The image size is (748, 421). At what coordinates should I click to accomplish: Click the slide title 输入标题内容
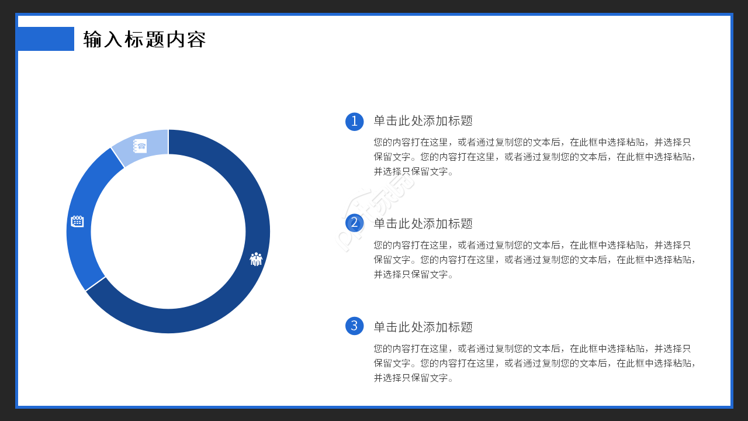[144, 39]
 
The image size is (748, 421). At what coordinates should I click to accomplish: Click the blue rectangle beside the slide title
[46, 39]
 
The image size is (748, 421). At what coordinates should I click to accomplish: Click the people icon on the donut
[256, 259]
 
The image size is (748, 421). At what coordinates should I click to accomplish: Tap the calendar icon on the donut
[77, 221]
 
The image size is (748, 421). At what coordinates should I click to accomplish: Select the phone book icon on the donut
[140, 146]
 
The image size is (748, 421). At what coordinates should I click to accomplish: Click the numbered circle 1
[354, 121]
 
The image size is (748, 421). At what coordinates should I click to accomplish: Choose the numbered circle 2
[354, 223]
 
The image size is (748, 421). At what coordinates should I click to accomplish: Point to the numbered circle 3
[354, 326]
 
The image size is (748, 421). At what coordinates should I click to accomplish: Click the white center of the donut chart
[168, 232]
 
